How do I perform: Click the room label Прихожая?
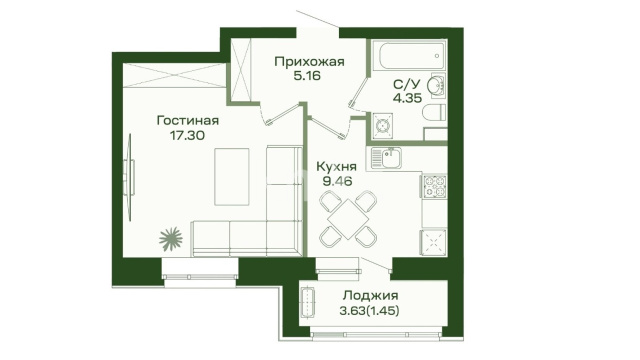click(309, 62)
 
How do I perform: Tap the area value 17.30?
click(187, 135)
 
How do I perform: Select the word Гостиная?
click(188, 120)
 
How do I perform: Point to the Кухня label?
click(337, 167)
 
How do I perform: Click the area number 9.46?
click(337, 181)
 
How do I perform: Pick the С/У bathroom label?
click(407, 84)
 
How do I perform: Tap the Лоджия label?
click(370, 295)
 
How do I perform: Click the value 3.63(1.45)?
click(369, 311)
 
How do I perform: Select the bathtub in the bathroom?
click(411, 56)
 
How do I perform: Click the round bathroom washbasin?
click(436, 86)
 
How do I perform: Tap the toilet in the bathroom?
click(433, 113)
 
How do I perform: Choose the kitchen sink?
click(387, 158)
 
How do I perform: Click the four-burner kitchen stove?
click(434, 186)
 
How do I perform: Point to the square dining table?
click(348, 219)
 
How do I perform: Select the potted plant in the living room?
click(170, 239)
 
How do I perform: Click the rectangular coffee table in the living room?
click(232, 177)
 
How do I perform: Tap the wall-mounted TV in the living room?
click(130, 178)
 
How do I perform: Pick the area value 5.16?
click(307, 76)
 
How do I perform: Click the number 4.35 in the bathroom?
click(407, 98)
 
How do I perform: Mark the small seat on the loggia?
click(307, 302)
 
